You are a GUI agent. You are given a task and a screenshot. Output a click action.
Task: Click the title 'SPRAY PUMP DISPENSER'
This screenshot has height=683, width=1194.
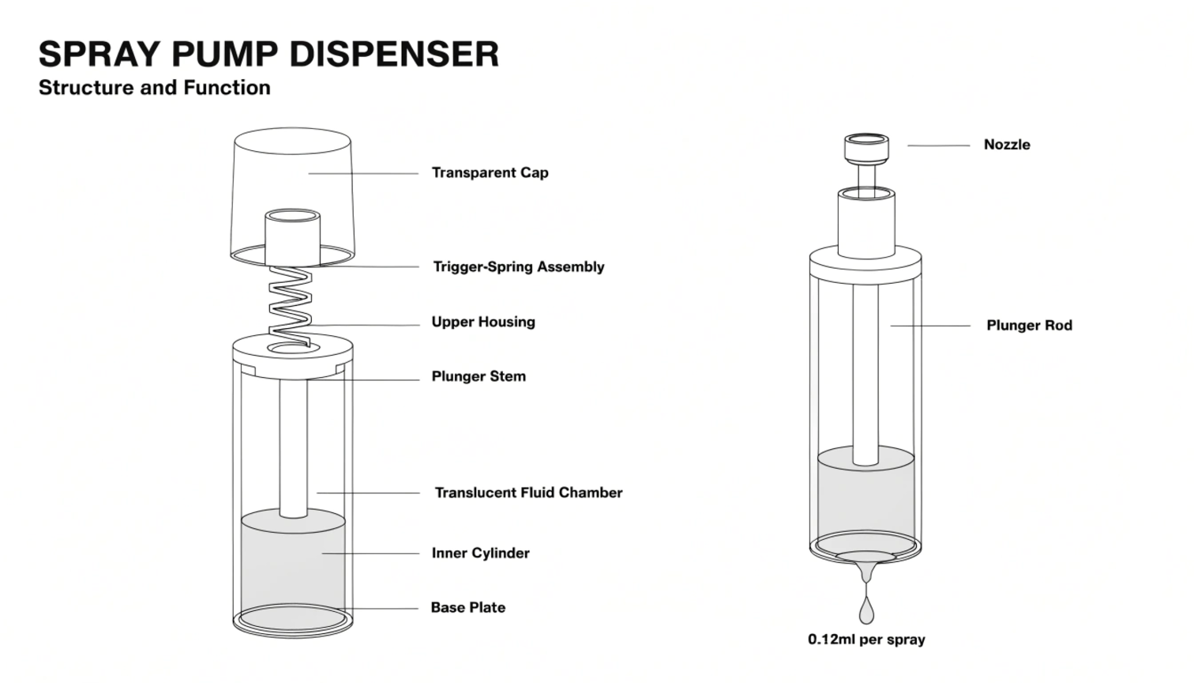tap(268, 55)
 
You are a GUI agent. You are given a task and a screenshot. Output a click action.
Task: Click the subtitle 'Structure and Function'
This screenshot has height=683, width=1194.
tap(155, 88)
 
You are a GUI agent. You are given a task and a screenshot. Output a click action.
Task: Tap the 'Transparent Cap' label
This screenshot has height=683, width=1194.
tap(490, 173)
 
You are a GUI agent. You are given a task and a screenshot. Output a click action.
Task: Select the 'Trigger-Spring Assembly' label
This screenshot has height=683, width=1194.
tap(518, 267)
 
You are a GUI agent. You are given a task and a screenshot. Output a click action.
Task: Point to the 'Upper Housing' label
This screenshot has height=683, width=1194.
tap(483, 322)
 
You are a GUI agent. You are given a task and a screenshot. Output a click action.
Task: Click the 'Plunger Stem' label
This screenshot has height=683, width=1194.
tap(479, 376)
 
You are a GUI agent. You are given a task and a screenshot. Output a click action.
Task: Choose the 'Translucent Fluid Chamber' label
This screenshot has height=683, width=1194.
tap(528, 492)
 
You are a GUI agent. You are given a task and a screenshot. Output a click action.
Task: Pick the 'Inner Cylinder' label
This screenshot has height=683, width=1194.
tap(480, 553)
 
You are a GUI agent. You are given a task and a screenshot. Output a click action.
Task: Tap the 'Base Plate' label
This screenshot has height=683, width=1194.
tap(467, 608)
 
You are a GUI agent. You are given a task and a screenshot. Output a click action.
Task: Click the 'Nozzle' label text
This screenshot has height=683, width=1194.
tap(1007, 145)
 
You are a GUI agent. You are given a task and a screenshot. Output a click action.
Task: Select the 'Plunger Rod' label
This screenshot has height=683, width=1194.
tap(1029, 326)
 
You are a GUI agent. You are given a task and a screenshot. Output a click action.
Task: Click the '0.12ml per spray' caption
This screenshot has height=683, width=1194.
tap(866, 640)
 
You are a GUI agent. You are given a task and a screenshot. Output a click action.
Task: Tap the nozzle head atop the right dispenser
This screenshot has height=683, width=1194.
tap(866, 148)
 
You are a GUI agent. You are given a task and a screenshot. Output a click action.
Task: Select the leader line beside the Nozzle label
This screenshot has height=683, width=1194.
tap(938, 145)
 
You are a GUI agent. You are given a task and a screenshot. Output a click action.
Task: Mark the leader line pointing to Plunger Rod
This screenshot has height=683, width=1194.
tap(930, 326)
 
